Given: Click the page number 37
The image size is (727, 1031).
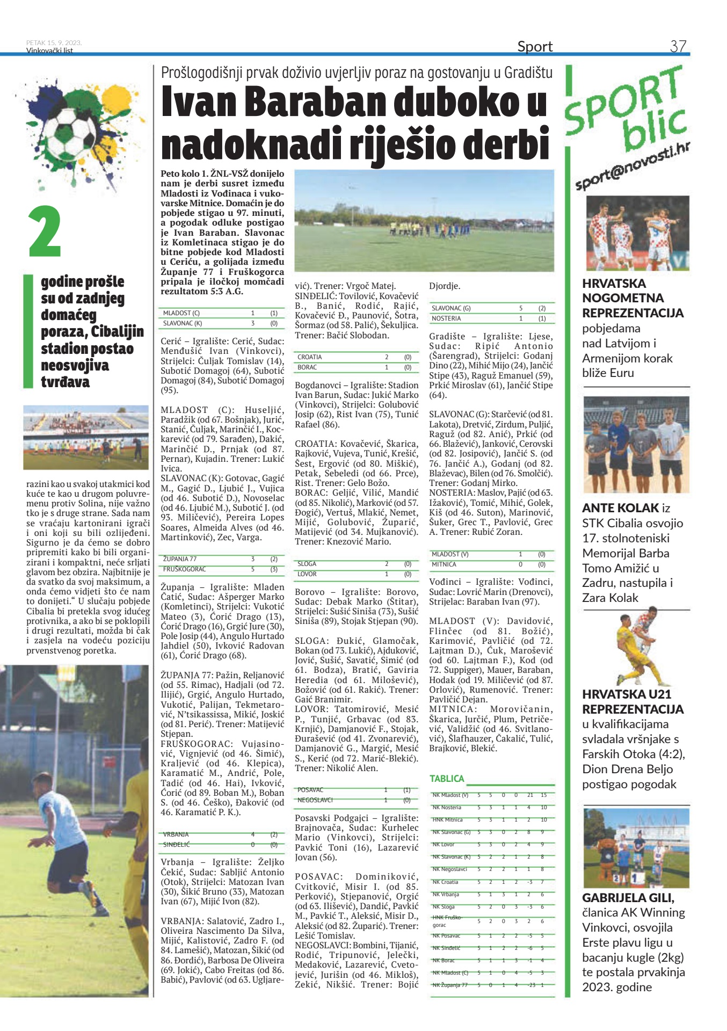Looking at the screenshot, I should click(678, 46).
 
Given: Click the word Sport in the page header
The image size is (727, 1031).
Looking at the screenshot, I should click(535, 47).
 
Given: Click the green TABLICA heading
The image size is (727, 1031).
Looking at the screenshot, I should click(447, 778).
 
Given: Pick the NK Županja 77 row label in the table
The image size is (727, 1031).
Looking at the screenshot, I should click(450, 985).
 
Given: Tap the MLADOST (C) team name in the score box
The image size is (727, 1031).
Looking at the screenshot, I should click(181, 313).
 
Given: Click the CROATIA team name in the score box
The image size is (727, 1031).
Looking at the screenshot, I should click(310, 357).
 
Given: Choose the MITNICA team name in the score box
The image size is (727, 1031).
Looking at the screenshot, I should click(444, 564).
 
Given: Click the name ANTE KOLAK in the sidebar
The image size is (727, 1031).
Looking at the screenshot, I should click(620, 508).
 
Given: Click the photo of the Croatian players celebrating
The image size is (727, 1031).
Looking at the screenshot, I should click(636, 233).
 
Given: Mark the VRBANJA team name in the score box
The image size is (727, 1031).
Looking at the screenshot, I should click(176, 834).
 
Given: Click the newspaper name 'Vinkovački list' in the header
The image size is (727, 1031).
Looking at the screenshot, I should click(49, 51).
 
